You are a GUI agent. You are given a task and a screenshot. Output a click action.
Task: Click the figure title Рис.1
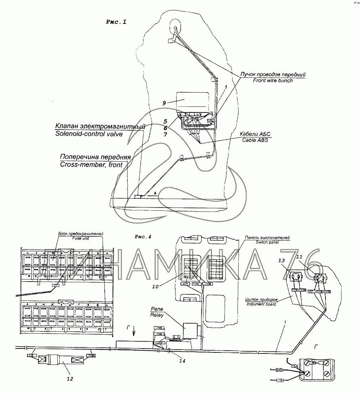116,22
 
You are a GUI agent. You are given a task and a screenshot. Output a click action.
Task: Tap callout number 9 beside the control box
164,103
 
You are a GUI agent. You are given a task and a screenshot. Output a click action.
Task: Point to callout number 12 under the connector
70,379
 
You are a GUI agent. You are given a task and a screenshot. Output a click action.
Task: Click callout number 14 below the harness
183,361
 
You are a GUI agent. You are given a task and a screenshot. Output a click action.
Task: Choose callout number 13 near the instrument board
281,261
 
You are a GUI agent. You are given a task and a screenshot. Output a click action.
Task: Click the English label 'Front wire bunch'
273,80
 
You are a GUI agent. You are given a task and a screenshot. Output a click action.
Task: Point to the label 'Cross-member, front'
91,164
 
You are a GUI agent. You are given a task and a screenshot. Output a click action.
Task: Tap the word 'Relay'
157,315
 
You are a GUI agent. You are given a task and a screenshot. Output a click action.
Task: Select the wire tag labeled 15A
294,366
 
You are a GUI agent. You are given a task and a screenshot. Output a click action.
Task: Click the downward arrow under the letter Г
134,333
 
